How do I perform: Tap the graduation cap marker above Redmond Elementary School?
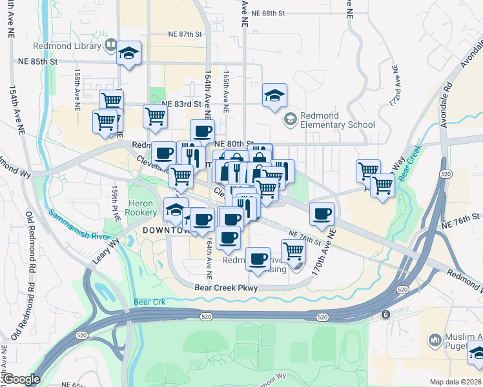(x=274, y=96)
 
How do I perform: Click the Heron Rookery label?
(x=141, y=208)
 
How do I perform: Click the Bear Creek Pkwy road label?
(x=226, y=288)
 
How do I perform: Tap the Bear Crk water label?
(x=150, y=302)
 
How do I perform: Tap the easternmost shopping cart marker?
(x=383, y=186)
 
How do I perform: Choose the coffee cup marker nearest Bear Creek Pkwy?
(x=258, y=259)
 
